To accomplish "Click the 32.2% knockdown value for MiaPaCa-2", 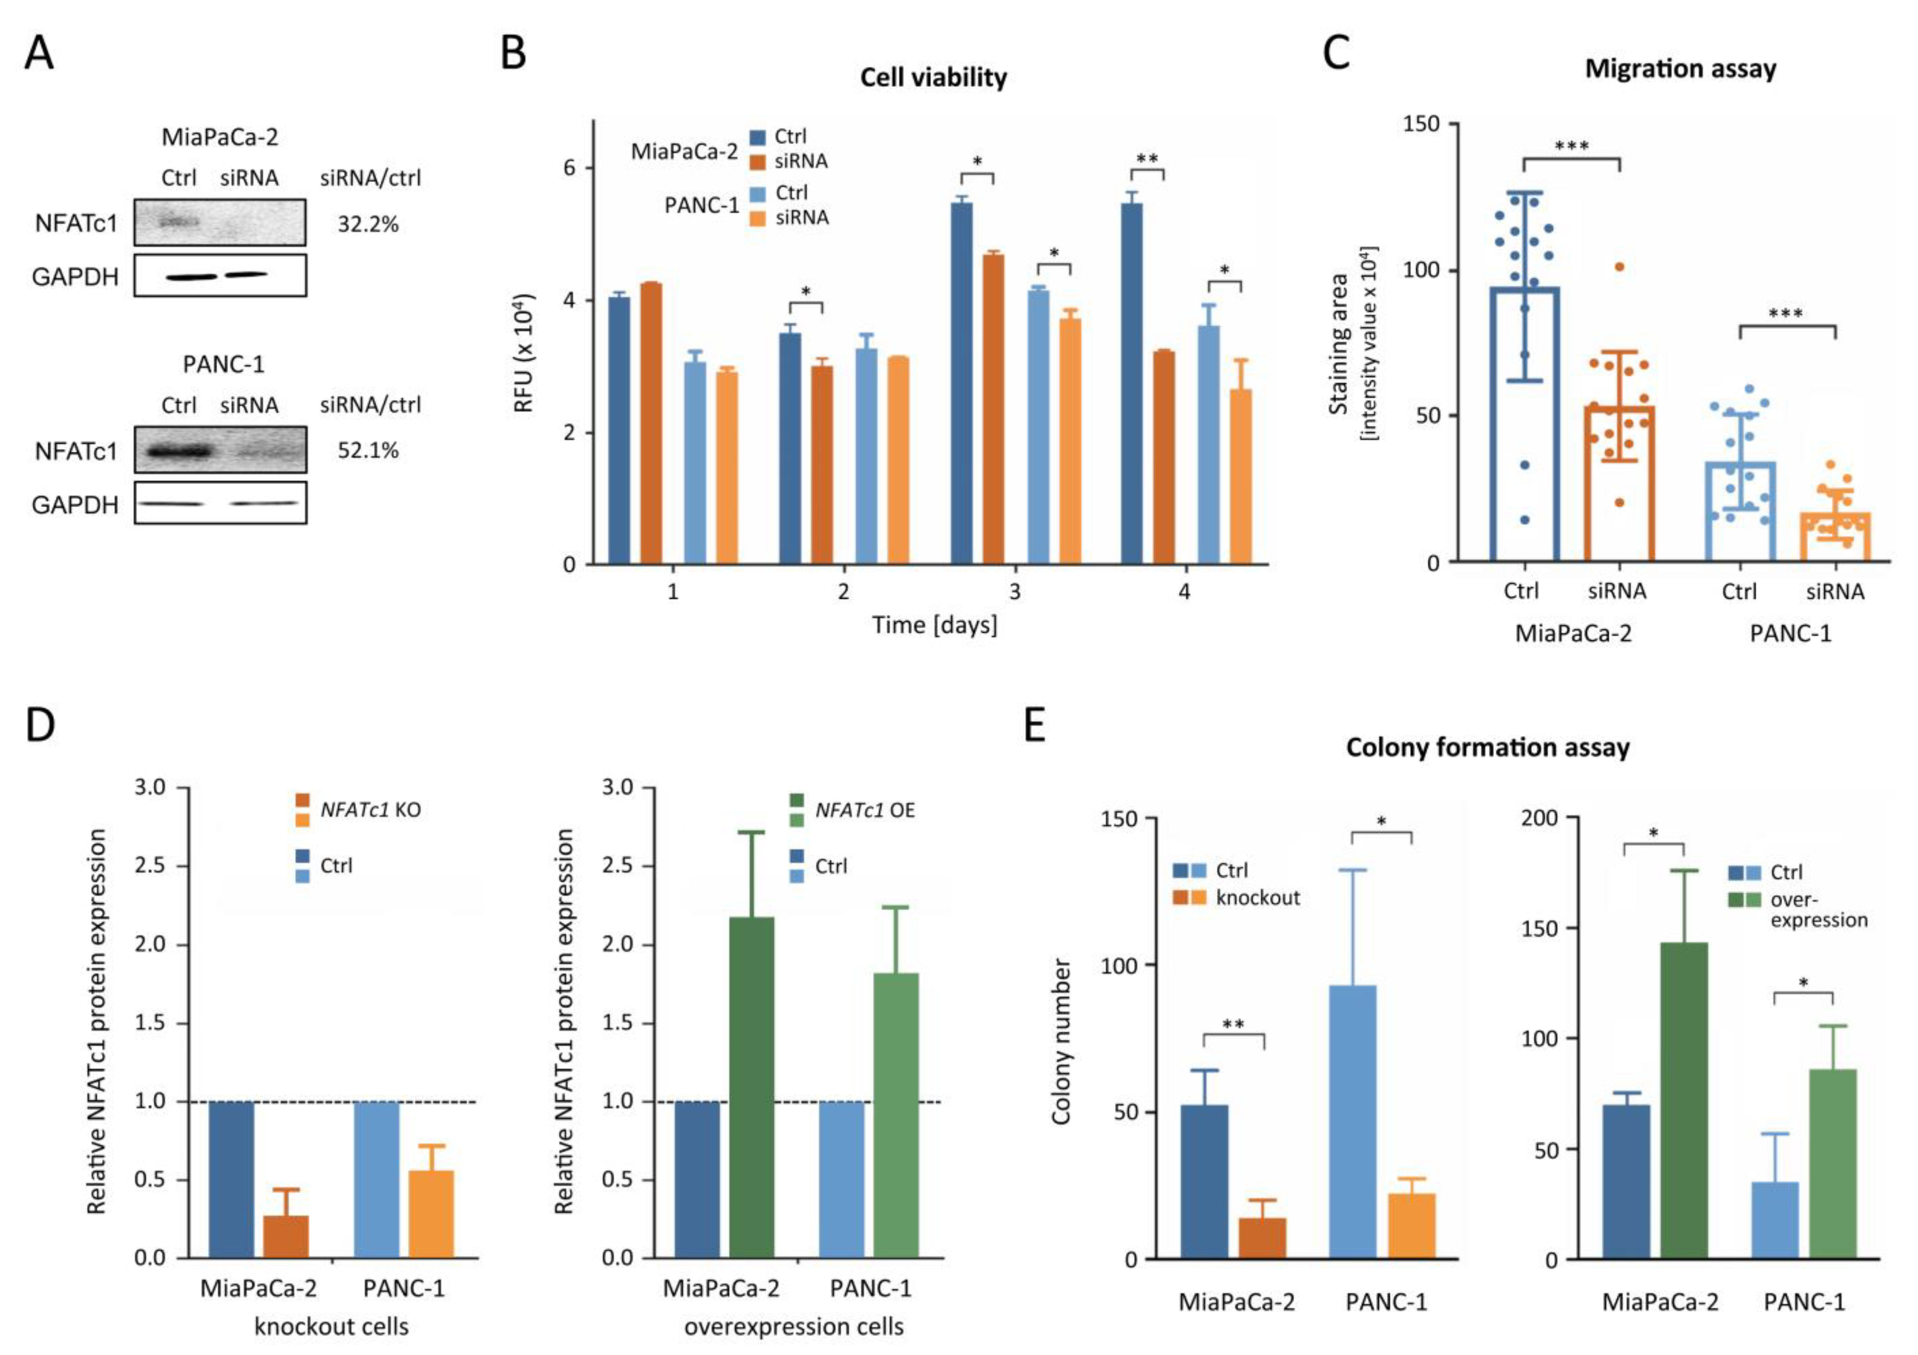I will tap(367, 224).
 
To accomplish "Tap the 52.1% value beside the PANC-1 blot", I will tap(367, 451).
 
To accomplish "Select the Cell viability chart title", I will tap(933, 77).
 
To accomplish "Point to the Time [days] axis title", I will tap(934, 625).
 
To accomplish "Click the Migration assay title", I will tap(1680, 68).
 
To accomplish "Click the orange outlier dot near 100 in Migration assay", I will tap(1619, 267).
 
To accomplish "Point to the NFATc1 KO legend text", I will tap(370, 809).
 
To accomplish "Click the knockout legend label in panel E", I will tap(1257, 898).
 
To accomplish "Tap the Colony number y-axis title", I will tap(1061, 1042).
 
